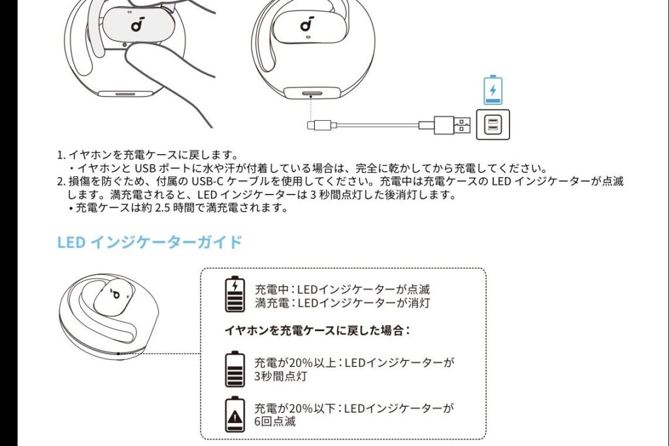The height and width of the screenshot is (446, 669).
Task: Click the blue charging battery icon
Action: (x=493, y=90)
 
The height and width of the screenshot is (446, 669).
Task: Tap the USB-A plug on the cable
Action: (x=452, y=125)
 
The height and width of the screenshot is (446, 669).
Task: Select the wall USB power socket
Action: (x=493, y=125)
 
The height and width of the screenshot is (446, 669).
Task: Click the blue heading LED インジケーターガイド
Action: (x=150, y=242)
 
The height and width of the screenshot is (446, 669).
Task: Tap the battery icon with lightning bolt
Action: (x=235, y=295)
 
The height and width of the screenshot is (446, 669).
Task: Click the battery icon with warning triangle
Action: (x=235, y=415)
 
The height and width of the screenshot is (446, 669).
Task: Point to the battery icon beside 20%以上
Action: (x=235, y=369)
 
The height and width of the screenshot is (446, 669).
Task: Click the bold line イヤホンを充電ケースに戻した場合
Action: (x=317, y=330)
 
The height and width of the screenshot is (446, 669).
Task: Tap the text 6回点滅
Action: (x=275, y=422)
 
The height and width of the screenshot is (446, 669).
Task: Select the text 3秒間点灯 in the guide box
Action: (x=280, y=377)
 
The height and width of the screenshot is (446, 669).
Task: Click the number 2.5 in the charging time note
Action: (x=163, y=208)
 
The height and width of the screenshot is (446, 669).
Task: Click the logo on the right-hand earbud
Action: (x=307, y=24)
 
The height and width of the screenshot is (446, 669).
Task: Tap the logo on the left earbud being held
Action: (x=137, y=24)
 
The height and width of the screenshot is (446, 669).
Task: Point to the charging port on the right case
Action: (x=310, y=93)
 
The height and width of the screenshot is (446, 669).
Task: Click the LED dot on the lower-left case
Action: (x=119, y=353)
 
